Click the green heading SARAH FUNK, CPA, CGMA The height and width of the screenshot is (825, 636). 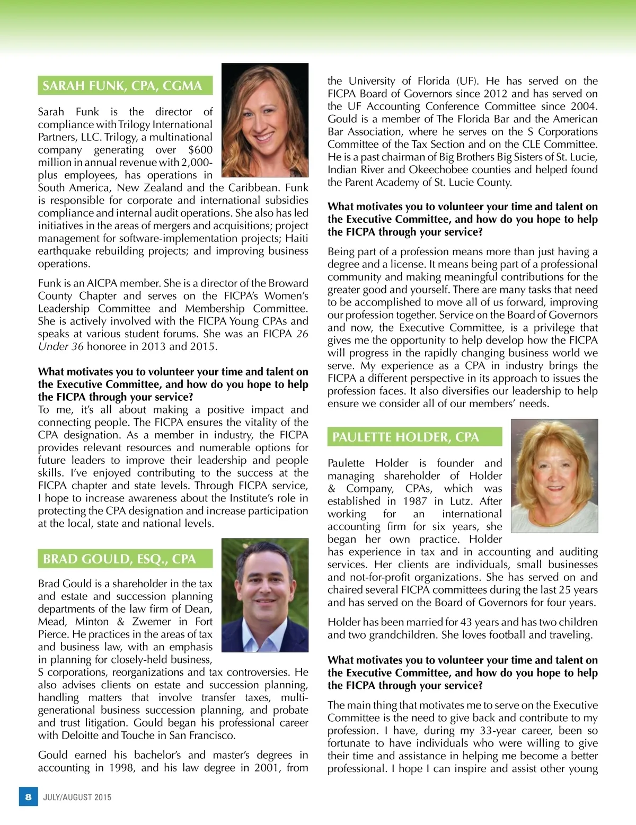click(x=122, y=86)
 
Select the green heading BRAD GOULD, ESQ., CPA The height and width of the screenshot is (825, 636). click(x=119, y=559)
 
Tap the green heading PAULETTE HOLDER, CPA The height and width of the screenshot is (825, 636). click(x=405, y=437)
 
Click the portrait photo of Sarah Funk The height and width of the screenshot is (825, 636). click(x=264, y=120)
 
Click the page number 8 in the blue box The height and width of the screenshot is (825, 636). click(x=28, y=797)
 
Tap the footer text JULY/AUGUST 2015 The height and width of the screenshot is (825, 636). click(x=77, y=797)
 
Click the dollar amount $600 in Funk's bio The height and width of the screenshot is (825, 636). click(x=200, y=150)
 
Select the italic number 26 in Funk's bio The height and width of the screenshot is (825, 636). click(x=302, y=334)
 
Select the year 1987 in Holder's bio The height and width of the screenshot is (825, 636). click(x=414, y=501)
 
